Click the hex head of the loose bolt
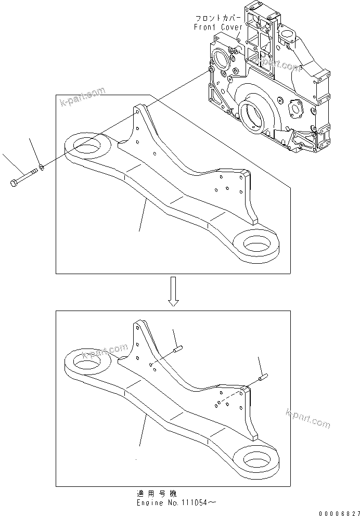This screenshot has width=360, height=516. (x=12, y=183)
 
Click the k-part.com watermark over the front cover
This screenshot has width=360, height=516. (x=281, y=66)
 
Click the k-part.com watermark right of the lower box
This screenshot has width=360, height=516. (x=308, y=419)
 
